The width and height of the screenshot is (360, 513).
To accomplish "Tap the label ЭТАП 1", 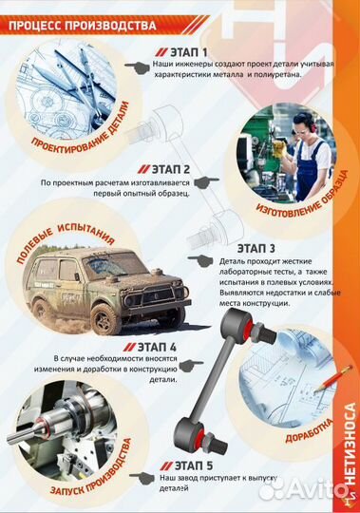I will click(193, 52).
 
